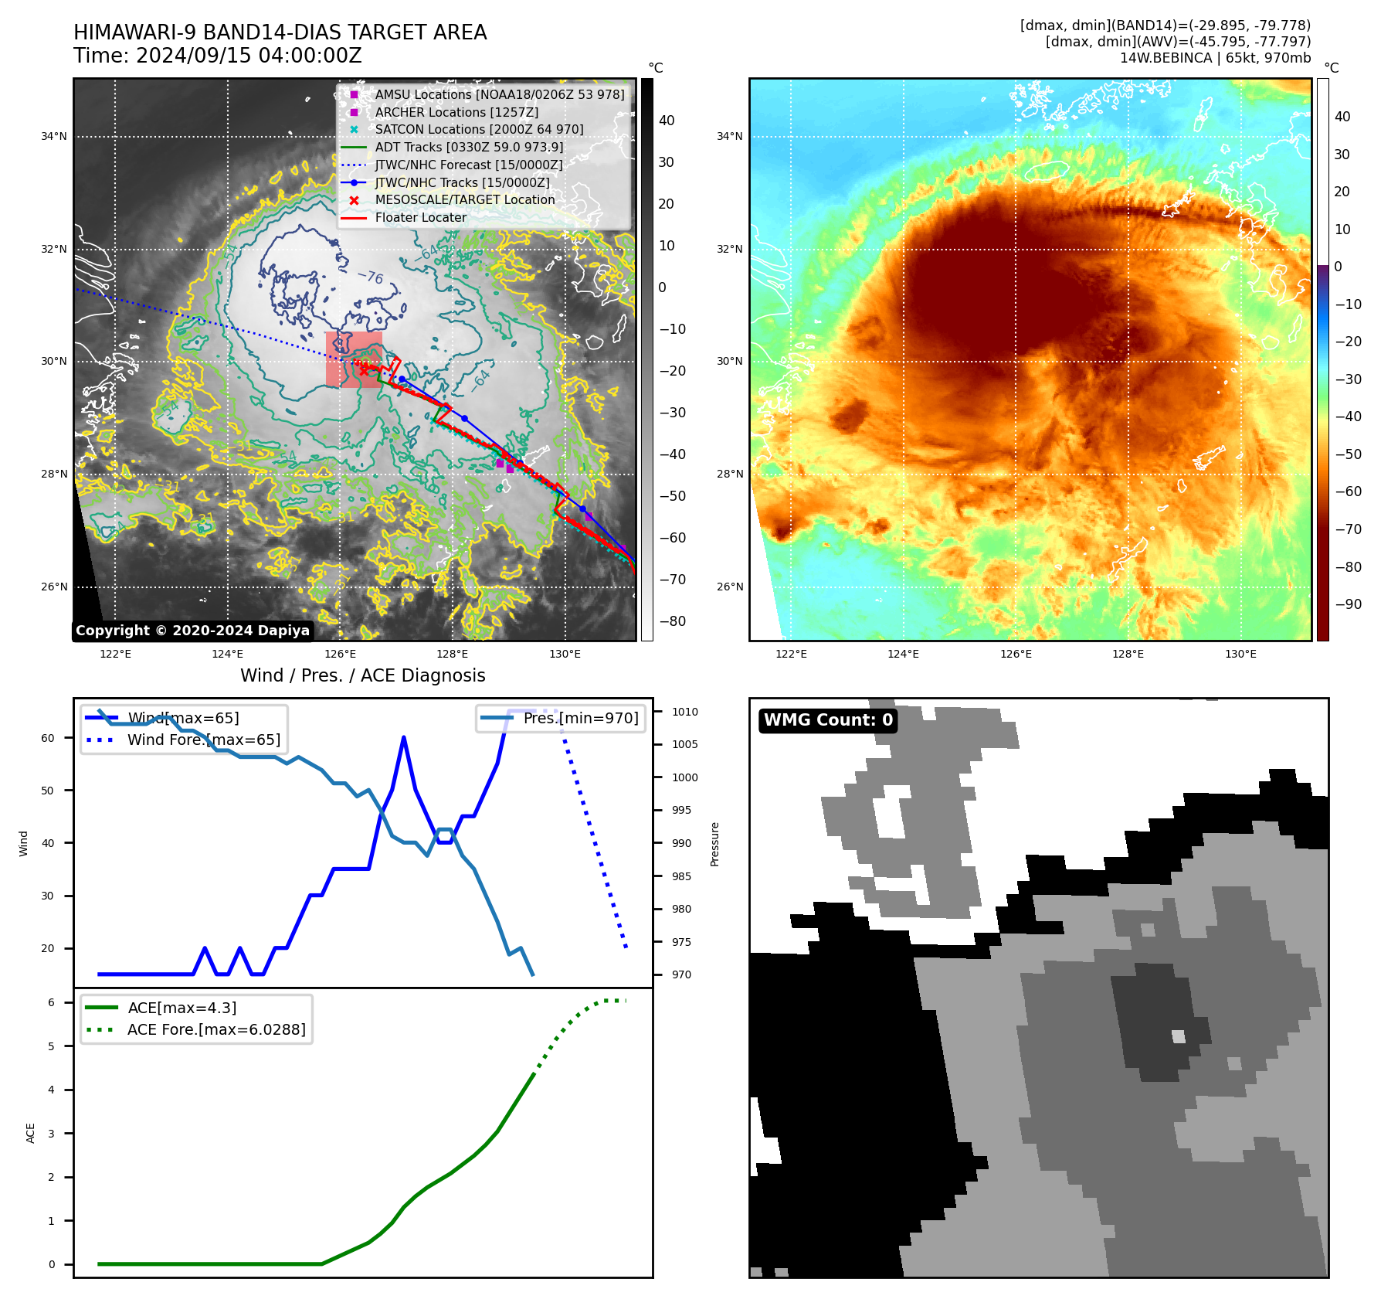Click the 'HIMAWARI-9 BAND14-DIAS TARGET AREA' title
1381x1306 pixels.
280,32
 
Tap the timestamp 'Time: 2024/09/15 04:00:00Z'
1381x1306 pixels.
218,56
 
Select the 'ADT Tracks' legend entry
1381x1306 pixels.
468,147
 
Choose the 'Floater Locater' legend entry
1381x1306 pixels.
420,217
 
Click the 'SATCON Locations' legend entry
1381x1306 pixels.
479,129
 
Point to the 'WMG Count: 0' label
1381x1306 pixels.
828,720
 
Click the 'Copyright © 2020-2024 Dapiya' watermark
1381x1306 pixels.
192,631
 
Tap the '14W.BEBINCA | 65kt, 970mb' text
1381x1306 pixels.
1215,58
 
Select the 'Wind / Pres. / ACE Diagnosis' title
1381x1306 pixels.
363,675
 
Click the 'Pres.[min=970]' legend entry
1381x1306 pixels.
580,718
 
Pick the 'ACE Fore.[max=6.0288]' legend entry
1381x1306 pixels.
216,1029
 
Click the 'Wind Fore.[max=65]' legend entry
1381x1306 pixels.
204,740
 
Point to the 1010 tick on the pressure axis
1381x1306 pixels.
684,712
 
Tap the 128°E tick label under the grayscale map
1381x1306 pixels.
452,654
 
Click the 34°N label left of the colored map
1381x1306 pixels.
729,137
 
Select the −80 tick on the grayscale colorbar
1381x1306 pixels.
672,621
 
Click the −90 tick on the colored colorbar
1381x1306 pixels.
1348,604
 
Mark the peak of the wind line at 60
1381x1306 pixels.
404,737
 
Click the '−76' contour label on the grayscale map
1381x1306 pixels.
370,276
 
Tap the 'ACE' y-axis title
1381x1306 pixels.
31,1133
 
